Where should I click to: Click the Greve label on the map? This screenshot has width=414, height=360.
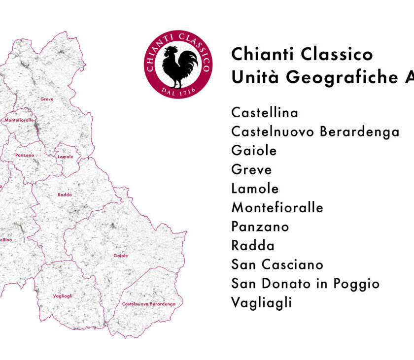click(x=47, y=99)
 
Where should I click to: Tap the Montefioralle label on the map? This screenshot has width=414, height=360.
click(x=19, y=120)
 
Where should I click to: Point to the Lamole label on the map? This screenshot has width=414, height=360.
click(x=65, y=157)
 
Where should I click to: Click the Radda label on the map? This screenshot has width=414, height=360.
click(x=65, y=195)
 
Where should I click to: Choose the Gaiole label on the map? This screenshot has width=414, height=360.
click(x=120, y=256)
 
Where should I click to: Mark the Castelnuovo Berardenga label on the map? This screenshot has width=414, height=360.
click(x=148, y=304)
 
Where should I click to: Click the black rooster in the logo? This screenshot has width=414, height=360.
click(x=179, y=66)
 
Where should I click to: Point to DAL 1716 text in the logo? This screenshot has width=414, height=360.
click(x=178, y=92)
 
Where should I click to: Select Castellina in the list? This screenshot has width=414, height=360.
click(x=265, y=113)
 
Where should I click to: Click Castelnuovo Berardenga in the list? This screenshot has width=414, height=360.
click(x=315, y=132)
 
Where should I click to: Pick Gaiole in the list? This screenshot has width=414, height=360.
click(x=254, y=151)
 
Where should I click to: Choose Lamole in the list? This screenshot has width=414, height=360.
click(x=255, y=189)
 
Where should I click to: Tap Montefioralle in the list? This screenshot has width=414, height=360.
click(x=277, y=208)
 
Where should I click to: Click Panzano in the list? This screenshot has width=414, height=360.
click(x=260, y=227)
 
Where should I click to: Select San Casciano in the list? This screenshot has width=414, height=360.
click(x=277, y=264)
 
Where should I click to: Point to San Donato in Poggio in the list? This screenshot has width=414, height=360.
click(x=305, y=284)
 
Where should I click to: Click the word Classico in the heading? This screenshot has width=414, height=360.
click(x=337, y=54)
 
